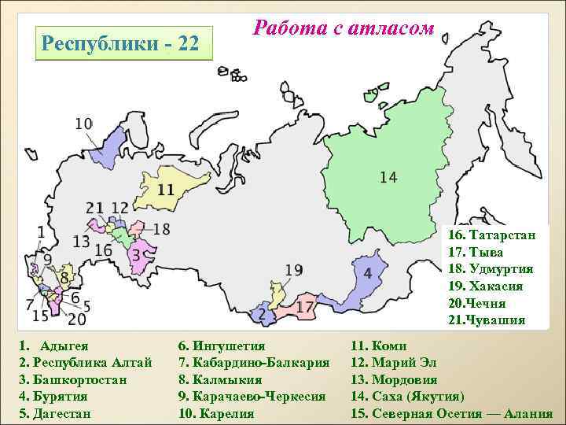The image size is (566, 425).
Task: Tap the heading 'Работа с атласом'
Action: coord(344,28)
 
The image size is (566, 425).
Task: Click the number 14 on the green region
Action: coord(388,177)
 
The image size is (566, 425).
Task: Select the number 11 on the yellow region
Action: coord(165,190)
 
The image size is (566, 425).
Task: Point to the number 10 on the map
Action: coord(83,124)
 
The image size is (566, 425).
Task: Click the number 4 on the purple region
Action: coord(367,274)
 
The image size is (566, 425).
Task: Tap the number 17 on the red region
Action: coord(304,305)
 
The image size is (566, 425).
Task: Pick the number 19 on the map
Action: coord(293,271)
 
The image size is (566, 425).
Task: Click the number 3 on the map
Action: coord(135,255)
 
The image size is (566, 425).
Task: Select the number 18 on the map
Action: coord(160,229)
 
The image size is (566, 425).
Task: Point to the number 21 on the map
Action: coord(95,208)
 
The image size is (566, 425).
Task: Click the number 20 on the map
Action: coord(77,320)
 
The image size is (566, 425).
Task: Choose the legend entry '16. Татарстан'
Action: coord(492,235)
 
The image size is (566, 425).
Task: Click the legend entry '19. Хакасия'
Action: coord(486,286)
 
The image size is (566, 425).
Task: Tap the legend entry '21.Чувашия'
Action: coord(487,320)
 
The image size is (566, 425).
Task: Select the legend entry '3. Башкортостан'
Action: coord(74,379)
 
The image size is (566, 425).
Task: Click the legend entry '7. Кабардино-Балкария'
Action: coord(254,362)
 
